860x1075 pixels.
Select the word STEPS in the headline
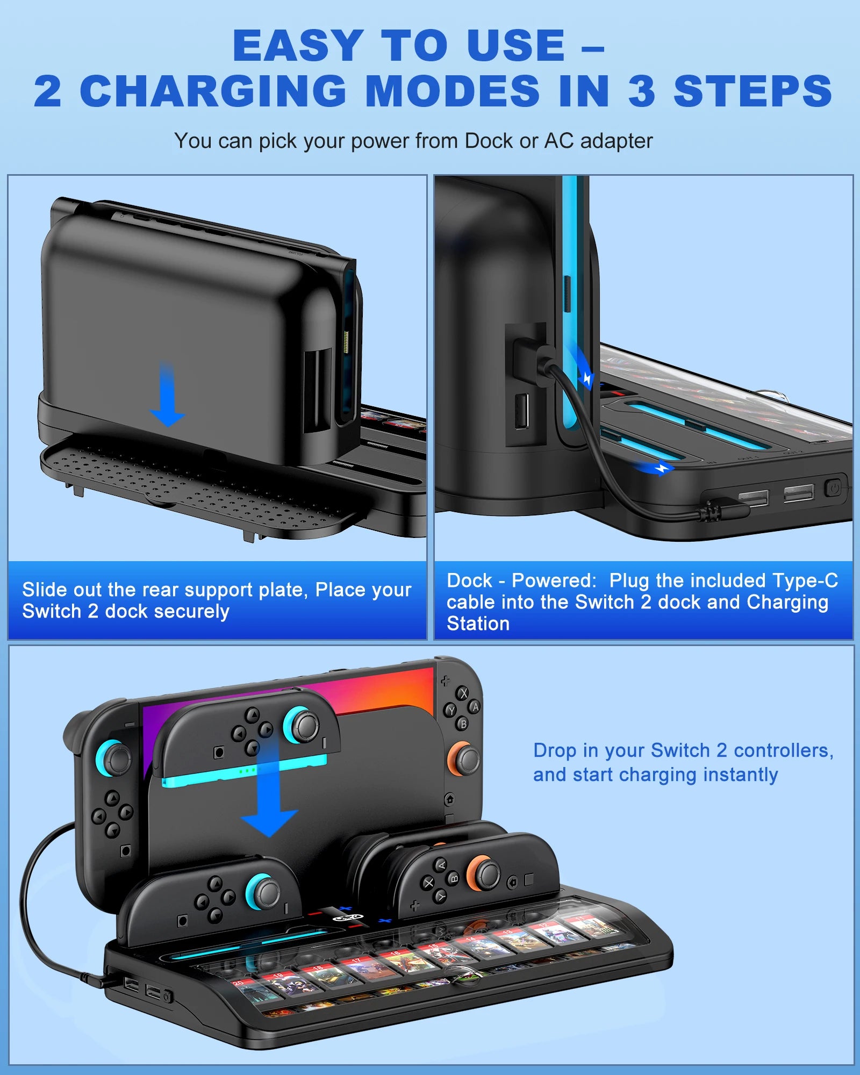(x=752, y=91)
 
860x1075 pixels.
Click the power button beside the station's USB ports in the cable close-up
(x=833, y=489)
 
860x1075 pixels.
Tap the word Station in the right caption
(x=478, y=623)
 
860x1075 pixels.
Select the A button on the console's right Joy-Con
(x=475, y=707)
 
